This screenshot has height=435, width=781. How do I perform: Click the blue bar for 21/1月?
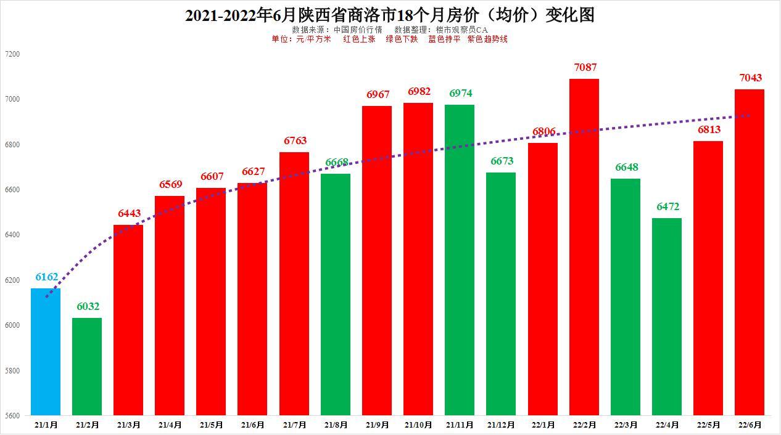coord(46,352)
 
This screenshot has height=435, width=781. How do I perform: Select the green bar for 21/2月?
coord(87,367)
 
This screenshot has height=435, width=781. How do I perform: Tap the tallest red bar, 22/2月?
coord(584,246)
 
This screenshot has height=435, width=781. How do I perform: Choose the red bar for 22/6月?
coord(750,252)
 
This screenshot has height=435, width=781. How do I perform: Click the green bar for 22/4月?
coord(667,317)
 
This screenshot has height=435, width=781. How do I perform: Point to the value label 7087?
coord(585,67)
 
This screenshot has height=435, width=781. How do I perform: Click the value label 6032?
coord(88,306)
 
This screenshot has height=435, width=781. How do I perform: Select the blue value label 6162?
coord(46,277)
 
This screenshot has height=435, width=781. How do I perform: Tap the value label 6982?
coord(419,91)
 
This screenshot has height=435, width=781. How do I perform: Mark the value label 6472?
coord(667,206)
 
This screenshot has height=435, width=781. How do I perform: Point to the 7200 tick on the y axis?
coord(12,54)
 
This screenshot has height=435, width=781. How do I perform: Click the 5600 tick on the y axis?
coord(12,416)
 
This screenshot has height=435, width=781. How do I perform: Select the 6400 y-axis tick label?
coord(12,235)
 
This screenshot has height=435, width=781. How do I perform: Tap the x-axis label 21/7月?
coord(294,425)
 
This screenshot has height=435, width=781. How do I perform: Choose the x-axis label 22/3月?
coord(626,425)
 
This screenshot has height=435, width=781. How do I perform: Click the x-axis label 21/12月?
coord(501,425)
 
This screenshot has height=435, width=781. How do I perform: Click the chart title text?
coord(390,15)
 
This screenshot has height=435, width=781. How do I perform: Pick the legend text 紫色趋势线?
coord(487,39)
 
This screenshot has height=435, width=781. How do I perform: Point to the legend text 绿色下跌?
coord(402,39)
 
